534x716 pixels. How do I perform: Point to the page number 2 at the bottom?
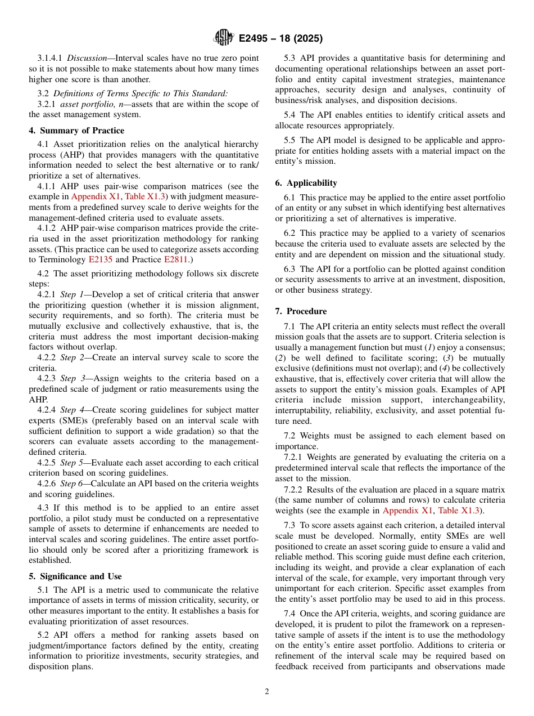click(x=267, y=692)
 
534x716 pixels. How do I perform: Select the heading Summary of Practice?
click(x=76, y=131)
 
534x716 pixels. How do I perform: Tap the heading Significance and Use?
click(x=75, y=576)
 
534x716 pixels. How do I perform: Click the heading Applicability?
click(x=311, y=183)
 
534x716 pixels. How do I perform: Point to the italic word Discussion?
click(x=86, y=58)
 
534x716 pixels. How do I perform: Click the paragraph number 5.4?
click(x=291, y=115)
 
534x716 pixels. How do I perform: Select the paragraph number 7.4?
click(x=291, y=614)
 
